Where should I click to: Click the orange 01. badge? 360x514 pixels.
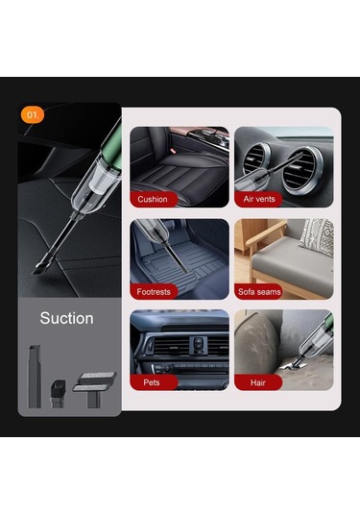pos(32,114)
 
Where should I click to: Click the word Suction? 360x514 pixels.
pos(67,318)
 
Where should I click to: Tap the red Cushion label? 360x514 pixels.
pos(154,199)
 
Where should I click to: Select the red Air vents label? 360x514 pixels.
pos(258,199)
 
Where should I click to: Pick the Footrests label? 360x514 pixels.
pos(154,292)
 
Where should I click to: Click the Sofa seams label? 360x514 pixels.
pos(259,292)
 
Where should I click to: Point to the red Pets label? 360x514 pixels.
pos(154,382)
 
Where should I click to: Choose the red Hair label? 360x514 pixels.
pos(258,382)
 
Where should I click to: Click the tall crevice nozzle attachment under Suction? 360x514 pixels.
pos(35,377)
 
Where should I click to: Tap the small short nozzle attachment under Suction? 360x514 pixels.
pos(58,393)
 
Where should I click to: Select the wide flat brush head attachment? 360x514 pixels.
pos(94,388)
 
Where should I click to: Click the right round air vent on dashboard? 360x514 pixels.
pos(302,170)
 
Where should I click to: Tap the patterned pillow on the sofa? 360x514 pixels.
pos(317,236)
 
